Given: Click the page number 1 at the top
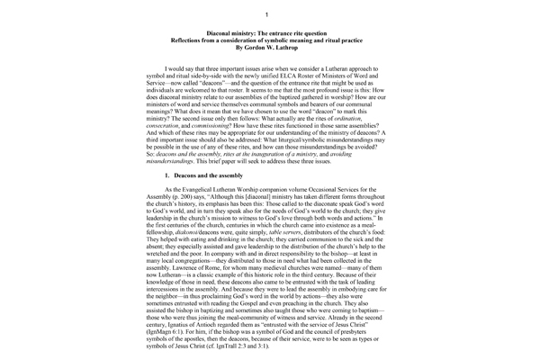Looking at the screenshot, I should tap(269, 16).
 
